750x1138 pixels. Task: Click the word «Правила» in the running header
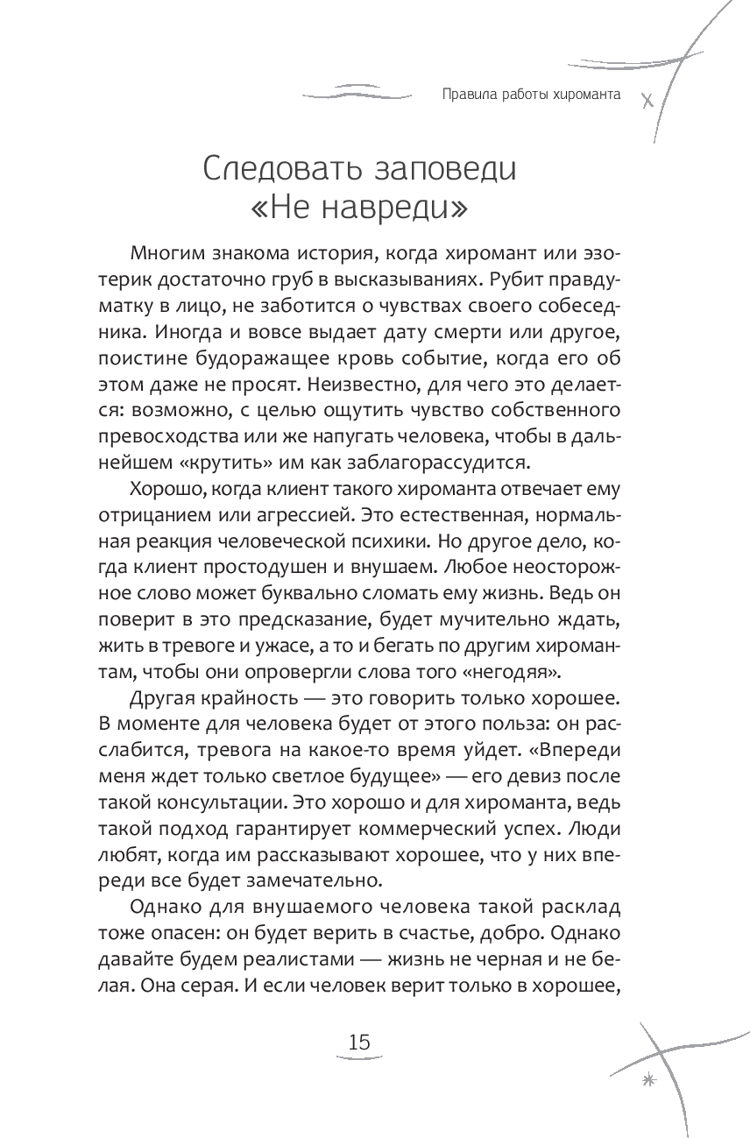coord(468,95)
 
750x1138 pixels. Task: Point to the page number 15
coord(359,1043)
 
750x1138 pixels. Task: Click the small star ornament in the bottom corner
coord(649,1081)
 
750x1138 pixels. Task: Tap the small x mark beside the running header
coord(647,100)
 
